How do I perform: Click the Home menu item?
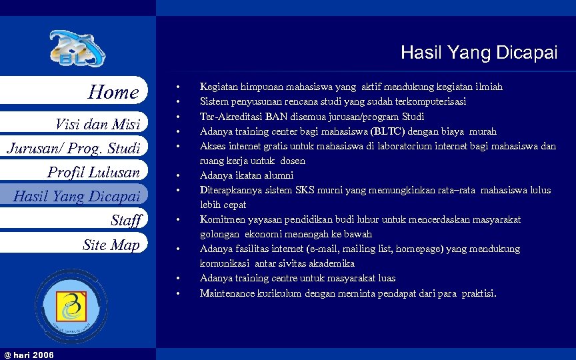[113, 92]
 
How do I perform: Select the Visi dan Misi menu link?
[98, 124]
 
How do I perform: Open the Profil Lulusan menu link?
[93, 173]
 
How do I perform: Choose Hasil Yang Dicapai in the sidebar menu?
[77, 196]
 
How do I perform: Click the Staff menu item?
[126, 221]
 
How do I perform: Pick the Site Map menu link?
[111, 245]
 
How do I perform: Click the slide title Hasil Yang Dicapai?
[479, 53]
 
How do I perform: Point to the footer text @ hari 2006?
[29, 353]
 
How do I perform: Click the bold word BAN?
[276, 116]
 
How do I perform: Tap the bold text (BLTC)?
[387, 131]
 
